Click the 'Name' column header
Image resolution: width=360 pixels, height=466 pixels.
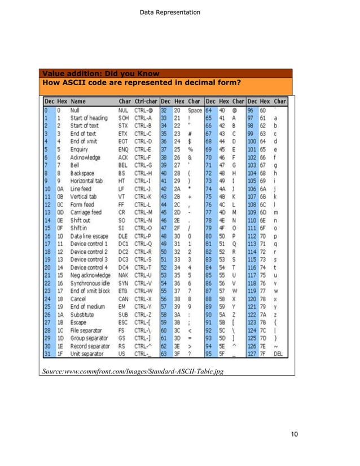click(x=78, y=102)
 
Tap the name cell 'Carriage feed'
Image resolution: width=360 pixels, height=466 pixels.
click(x=86, y=212)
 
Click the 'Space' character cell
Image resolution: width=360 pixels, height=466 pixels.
click(x=195, y=111)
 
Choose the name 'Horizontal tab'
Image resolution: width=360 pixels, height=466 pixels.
click(x=87, y=182)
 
